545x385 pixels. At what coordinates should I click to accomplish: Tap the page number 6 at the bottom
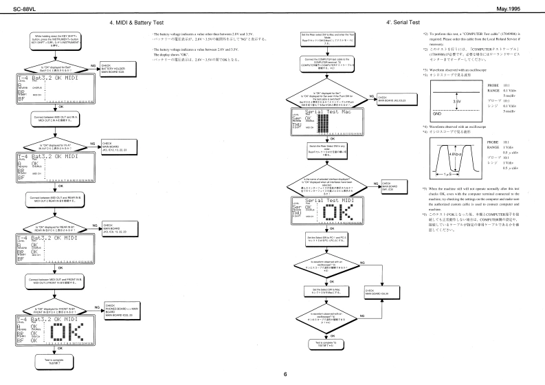point(272,375)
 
